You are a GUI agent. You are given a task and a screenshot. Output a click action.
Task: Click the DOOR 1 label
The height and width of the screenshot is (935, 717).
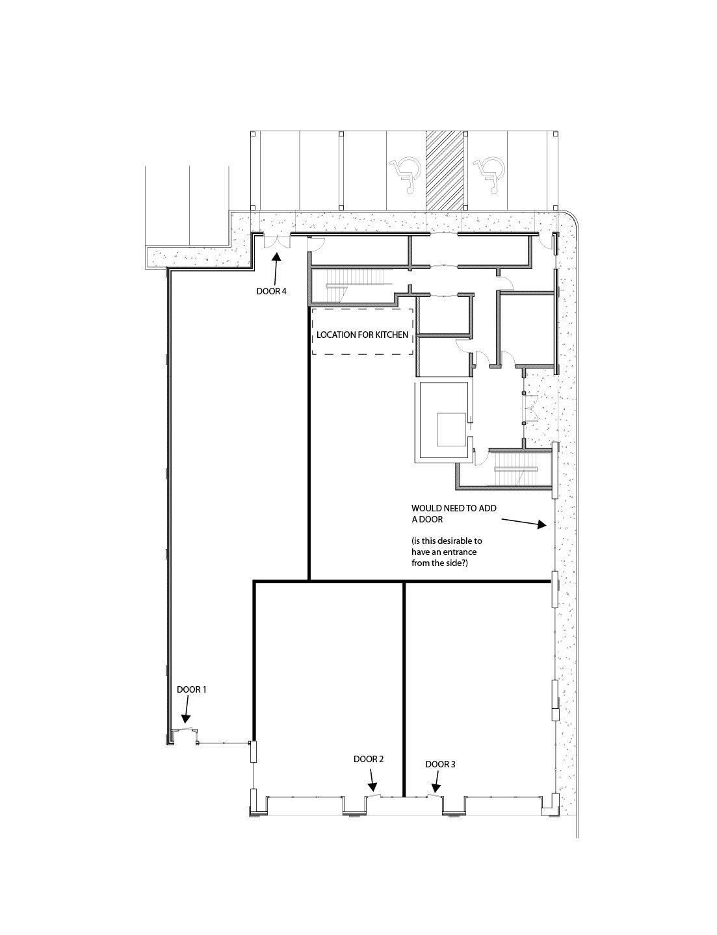[x=192, y=690]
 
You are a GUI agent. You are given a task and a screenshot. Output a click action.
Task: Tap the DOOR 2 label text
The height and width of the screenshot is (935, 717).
[x=369, y=760]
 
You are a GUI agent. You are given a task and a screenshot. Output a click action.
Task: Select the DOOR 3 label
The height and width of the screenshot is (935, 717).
[x=440, y=765]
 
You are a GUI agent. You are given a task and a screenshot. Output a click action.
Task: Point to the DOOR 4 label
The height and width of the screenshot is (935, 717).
[x=271, y=291]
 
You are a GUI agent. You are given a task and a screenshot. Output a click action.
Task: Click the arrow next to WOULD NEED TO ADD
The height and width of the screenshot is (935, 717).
[x=524, y=522]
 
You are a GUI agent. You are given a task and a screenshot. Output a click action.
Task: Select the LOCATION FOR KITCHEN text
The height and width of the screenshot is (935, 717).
[x=362, y=335]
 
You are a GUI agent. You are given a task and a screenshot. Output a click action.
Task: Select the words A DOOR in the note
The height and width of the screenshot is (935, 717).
[x=427, y=519]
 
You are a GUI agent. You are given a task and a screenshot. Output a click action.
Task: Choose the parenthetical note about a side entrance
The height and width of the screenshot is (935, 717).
[x=447, y=552]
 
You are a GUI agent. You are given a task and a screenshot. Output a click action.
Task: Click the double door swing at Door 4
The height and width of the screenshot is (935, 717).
[x=277, y=242]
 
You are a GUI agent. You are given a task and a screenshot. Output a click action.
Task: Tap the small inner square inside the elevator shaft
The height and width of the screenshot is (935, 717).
[x=452, y=429]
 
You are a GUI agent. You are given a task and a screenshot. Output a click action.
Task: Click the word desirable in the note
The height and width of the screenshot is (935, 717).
[x=455, y=541]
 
